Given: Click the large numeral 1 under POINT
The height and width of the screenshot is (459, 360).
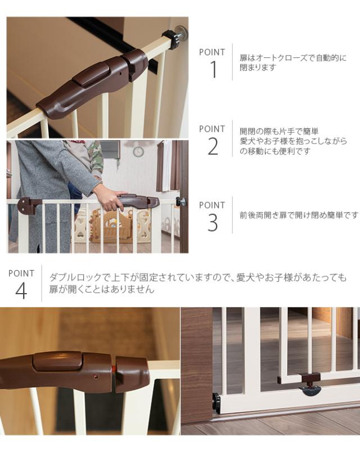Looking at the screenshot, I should pyautogui.click(x=213, y=70).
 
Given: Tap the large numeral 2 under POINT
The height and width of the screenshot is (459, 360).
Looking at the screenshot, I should pyautogui.click(x=213, y=146).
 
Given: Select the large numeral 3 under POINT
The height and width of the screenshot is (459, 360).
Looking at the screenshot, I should pyautogui.click(x=213, y=223).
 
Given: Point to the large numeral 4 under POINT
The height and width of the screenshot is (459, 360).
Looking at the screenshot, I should pyautogui.click(x=21, y=291).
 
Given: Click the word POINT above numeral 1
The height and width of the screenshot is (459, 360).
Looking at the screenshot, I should pyautogui.click(x=212, y=52).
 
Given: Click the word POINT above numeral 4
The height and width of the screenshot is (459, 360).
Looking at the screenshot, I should pyautogui.click(x=21, y=273).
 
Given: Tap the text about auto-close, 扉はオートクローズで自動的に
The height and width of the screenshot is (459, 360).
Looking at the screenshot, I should pyautogui.click(x=293, y=58).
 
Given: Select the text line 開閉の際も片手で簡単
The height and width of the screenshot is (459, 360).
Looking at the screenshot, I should pyautogui.click(x=280, y=131).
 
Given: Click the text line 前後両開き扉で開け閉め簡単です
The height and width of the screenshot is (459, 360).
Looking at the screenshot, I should pyautogui.click(x=299, y=215).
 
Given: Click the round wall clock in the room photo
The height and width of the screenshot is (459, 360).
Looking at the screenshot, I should pyautogui.click(x=138, y=151).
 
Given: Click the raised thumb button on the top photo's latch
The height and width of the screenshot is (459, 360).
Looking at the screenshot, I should pyautogui.click(x=91, y=74).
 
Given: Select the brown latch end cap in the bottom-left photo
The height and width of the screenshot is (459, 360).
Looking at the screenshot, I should pyautogui.click(x=133, y=373).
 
